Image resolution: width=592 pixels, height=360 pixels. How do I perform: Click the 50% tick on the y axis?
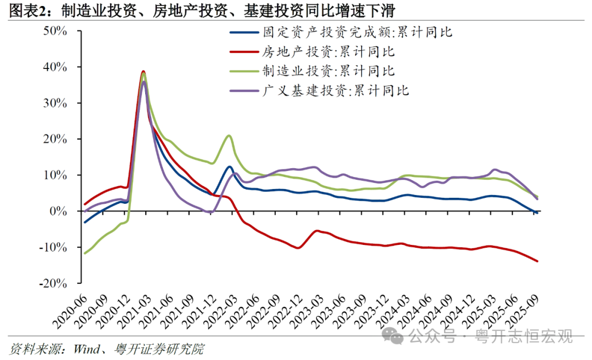point(55,31)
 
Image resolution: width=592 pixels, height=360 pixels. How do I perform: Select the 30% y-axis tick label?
point(55,103)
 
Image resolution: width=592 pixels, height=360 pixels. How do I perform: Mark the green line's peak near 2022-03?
point(229,135)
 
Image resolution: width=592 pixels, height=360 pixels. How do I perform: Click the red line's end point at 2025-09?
point(537,261)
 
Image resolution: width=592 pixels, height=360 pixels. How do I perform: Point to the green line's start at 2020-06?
point(84,253)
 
